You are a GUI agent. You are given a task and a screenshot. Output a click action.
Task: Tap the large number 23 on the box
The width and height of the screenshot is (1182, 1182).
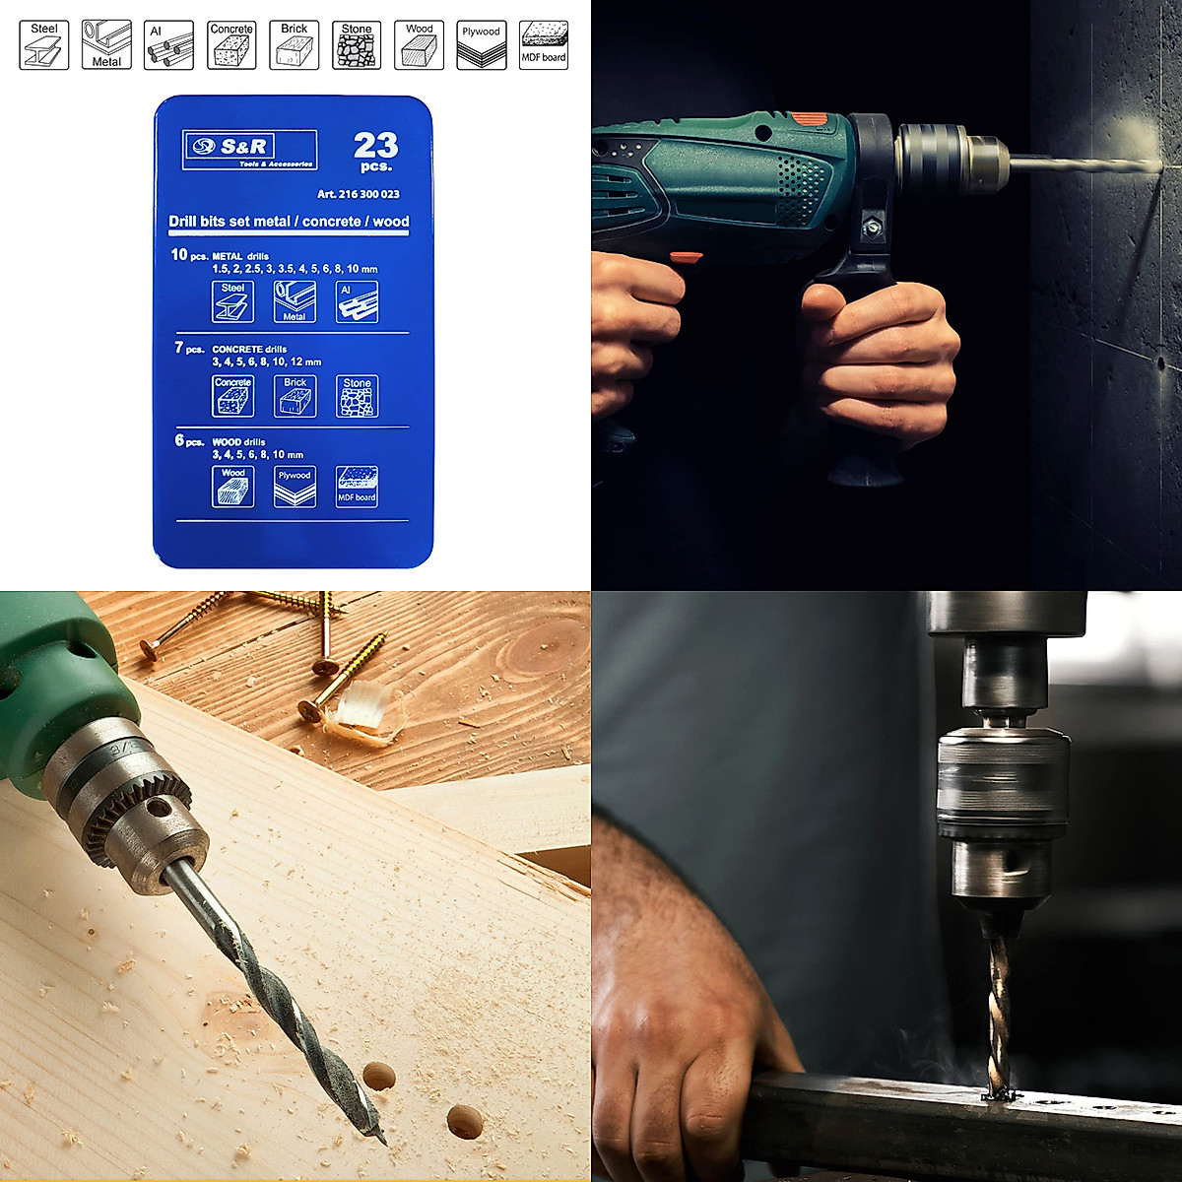(x=376, y=146)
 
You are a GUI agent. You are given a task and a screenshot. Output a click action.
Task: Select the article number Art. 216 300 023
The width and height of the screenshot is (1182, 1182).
(x=358, y=194)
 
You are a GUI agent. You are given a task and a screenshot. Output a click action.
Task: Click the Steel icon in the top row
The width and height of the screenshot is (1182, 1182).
(x=44, y=45)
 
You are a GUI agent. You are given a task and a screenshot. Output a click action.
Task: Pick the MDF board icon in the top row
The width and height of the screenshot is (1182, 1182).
(x=544, y=45)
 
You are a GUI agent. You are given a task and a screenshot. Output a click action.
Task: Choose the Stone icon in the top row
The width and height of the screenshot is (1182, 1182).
(x=357, y=45)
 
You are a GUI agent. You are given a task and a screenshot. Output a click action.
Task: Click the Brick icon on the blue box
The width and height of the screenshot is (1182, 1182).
(x=295, y=396)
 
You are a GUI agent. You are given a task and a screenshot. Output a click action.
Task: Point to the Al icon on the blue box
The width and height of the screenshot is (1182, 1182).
(x=357, y=302)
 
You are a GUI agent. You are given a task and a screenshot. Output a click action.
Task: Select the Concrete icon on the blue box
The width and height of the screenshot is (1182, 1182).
(x=233, y=396)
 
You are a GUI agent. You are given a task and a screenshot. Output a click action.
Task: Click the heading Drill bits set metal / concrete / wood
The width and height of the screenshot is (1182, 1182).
(x=289, y=222)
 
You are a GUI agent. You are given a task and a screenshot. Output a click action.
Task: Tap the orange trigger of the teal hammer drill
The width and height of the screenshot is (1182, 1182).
(x=686, y=259)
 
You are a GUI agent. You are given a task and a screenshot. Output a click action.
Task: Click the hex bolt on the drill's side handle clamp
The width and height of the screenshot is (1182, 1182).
(x=871, y=228)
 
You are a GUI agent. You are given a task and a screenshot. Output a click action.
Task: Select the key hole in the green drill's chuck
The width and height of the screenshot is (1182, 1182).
(x=157, y=810)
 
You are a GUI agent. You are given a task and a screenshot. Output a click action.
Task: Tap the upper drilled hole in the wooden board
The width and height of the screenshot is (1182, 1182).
(x=379, y=1076)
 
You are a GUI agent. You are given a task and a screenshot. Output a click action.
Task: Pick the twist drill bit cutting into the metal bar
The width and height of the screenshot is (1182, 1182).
(x=999, y=1015)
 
